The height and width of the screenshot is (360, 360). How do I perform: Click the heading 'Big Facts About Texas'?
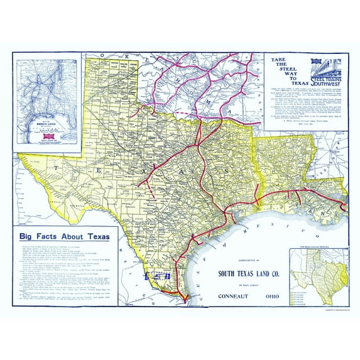(68, 236)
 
